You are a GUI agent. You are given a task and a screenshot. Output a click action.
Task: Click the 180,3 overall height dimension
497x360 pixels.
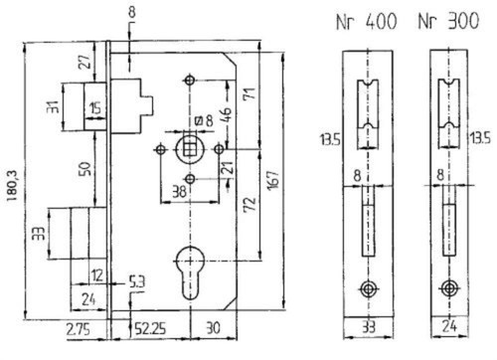[x=12, y=185]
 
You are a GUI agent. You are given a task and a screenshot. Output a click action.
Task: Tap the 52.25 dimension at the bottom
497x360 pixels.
[x=150, y=329]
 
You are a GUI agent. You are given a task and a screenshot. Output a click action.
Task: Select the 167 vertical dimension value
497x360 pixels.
[x=274, y=181]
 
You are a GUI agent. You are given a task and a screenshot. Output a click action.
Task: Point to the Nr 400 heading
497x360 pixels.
[x=367, y=22]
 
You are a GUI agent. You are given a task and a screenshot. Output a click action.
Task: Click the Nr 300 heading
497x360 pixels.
[x=448, y=21]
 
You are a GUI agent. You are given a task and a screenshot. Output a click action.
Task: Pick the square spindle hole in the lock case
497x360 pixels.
[x=189, y=150]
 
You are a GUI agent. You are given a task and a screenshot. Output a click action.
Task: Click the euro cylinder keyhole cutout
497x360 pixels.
[x=190, y=271]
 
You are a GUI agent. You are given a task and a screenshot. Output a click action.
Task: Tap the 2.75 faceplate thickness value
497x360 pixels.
[x=78, y=330]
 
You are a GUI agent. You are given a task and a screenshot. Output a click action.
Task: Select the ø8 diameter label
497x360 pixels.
[x=204, y=121]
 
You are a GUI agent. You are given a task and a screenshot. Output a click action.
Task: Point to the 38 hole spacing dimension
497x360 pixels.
[x=179, y=192]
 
